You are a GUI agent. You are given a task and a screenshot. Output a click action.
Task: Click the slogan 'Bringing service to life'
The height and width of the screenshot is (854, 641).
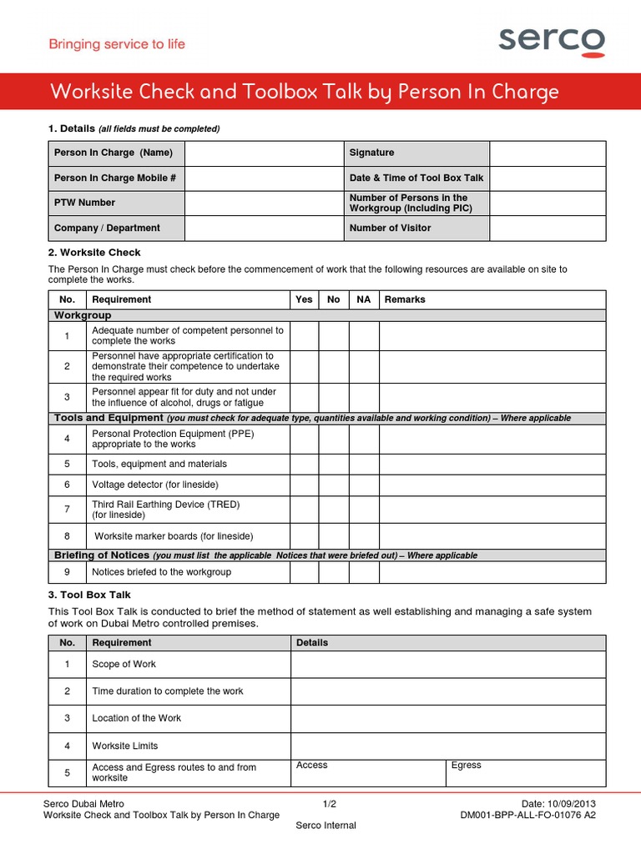pyautogui.click(x=117, y=44)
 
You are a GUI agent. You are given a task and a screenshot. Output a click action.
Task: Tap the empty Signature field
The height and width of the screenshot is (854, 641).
pyautogui.click(x=548, y=153)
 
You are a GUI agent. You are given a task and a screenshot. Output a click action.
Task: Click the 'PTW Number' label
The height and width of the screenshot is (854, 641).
pyautogui.click(x=84, y=203)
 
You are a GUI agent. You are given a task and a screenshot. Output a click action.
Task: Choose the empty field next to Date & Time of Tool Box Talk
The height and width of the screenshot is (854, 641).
pyautogui.click(x=548, y=178)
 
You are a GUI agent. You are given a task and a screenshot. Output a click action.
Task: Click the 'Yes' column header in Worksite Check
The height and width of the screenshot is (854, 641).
pyautogui.click(x=305, y=299)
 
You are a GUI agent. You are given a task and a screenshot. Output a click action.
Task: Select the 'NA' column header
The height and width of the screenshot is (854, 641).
pyautogui.click(x=364, y=299)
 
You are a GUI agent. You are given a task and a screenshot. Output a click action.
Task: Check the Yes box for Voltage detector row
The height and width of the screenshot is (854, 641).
pyautogui.click(x=305, y=485)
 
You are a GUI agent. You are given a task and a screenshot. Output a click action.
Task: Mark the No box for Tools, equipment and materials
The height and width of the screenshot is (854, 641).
pyautogui.click(x=334, y=464)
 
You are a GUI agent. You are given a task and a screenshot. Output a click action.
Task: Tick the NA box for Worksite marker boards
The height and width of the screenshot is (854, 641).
pyautogui.click(x=364, y=536)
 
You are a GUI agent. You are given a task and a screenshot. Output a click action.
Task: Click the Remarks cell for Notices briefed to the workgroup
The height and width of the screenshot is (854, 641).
pyautogui.click(x=492, y=572)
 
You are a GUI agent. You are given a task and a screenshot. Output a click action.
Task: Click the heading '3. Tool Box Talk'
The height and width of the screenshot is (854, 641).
pyautogui.click(x=89, y=595)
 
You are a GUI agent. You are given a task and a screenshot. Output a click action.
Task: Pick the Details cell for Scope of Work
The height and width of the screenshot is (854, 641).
pyautogui.click(x=448, y=665)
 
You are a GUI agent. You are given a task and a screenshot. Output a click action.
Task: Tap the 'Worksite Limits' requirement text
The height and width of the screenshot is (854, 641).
pyautogui.click(x=124, y=746)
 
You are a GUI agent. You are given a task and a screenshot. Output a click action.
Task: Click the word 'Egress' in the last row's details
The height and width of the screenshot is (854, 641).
pyautogui.click(x=466, y=765)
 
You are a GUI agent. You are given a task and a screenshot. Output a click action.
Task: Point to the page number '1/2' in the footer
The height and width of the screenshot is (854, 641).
pyautogui.click(x=329, y=804)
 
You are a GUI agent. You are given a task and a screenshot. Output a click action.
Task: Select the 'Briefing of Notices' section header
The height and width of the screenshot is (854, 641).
pyautogui.click(x=102, y=555)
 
